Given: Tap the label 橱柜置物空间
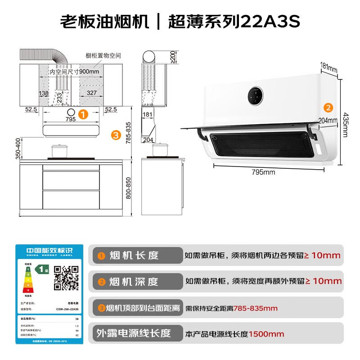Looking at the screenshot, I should [103, 56].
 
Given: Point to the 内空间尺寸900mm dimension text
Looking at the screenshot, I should [74, 72].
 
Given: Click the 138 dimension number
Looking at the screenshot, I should [44, 93].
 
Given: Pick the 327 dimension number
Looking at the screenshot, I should [92, 93].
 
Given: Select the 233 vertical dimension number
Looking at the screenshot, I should [59, 98].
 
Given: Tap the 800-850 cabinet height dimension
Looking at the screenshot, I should [129, 188].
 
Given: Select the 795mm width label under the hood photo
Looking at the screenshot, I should [263, 171].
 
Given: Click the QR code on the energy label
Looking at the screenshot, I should [66, 277].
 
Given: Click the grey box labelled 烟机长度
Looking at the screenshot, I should [135, 256].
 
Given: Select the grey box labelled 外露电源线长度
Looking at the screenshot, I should [135, 333].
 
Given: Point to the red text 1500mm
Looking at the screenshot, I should [266, 334].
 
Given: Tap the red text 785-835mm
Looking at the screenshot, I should [255, 308].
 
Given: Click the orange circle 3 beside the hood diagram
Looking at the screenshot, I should [116, 134].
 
